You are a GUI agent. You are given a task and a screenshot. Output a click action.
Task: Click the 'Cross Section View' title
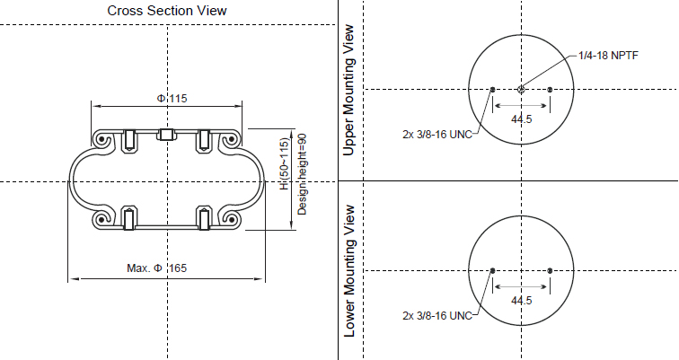point(167,11)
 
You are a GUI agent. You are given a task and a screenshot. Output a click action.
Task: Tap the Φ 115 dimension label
point(172,99)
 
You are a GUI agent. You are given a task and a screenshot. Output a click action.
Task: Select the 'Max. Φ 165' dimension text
point(157,268)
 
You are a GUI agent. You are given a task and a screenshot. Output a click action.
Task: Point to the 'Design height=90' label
point(302,174)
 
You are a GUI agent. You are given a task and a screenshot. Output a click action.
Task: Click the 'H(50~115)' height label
point(284,163)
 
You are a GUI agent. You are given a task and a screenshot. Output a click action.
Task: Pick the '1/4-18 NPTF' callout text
point(608,56)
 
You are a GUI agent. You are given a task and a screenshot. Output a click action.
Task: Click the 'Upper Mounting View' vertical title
point(348,90)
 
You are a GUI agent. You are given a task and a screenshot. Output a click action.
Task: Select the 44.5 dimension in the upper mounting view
point(521,119)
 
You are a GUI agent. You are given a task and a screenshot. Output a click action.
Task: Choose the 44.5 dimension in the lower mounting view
point(521,301)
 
